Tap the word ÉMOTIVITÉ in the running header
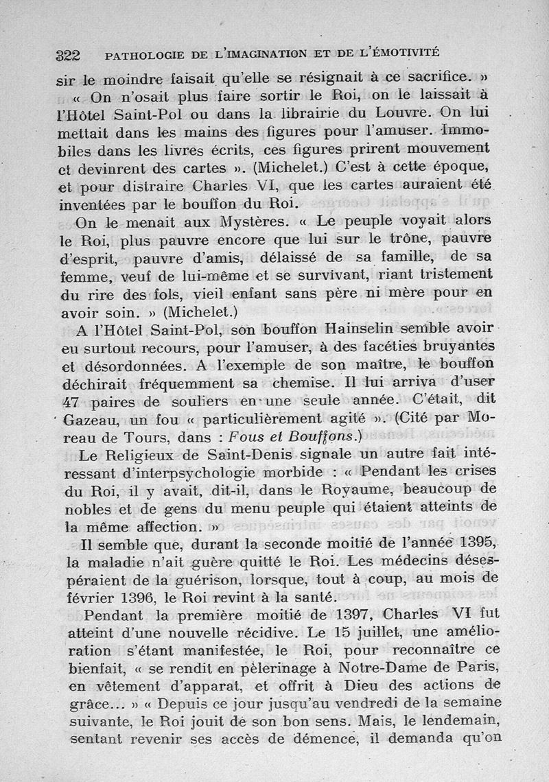click(x=404, y=51)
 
